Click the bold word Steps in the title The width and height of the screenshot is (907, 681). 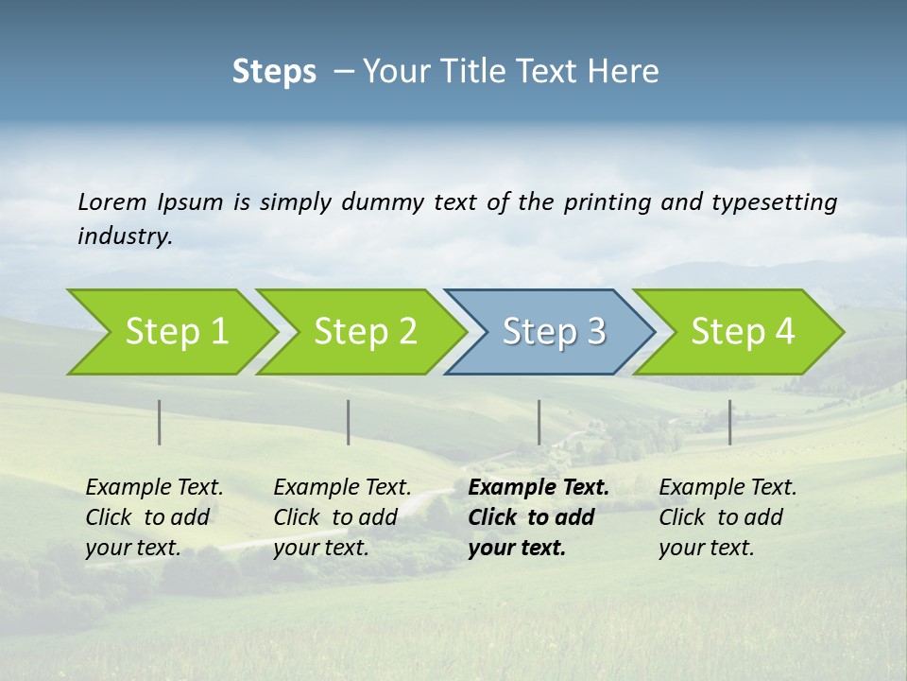(274, 72)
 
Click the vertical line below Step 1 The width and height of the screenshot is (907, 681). (160, 422)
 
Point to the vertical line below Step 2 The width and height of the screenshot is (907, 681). (349, 422)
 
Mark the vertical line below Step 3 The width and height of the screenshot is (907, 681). (539, 422)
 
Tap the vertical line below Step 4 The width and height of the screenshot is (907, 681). (729, 422)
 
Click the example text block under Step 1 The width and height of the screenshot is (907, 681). (154, 517)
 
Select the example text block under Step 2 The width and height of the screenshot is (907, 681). (342, 517)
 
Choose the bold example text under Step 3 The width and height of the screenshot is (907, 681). (539, 517)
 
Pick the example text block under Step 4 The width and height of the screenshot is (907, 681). (727, 517)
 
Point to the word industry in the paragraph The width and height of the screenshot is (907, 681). (124, 236)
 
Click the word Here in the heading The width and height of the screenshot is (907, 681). (624, 72)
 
